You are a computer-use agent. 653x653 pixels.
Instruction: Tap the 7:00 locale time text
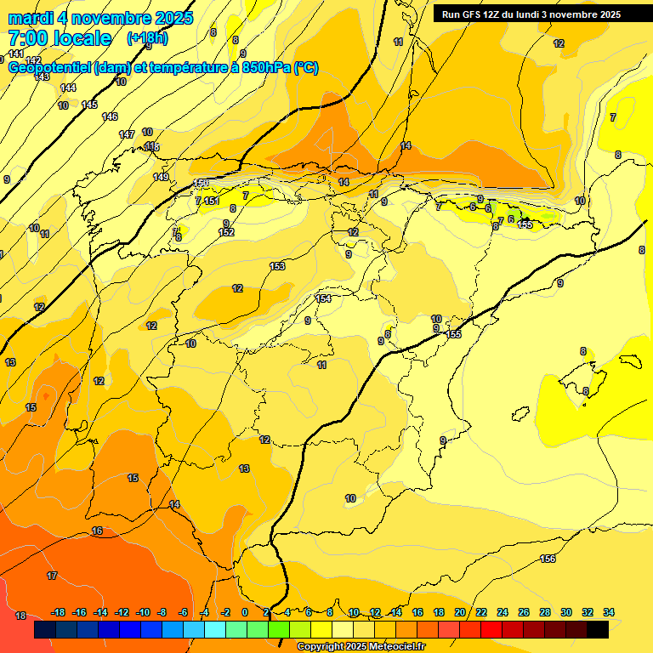tap(60, 38)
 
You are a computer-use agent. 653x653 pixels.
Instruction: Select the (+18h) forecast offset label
tap(147, 38)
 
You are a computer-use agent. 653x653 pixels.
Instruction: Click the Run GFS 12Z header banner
tap(531, 14)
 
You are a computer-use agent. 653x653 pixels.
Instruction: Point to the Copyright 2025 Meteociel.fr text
tap(361, 647)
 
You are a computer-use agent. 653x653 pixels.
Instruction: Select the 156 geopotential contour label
tap(548, 559)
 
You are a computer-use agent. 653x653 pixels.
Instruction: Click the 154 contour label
tap(323, 298)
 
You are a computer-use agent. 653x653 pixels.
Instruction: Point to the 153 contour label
tap(277, 266)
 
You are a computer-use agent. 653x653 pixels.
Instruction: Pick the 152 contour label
tap(226, 232)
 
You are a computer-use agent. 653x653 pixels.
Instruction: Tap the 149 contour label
tap(161, 177)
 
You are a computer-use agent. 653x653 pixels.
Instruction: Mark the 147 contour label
tap(127, 134)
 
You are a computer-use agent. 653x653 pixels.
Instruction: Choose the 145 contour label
tap(89, 105)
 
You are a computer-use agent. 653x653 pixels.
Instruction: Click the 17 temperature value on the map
tap(52, 576)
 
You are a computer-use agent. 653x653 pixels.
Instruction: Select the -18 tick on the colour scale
tap(59, 612)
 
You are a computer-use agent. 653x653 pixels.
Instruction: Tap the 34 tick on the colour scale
tap(609, 612)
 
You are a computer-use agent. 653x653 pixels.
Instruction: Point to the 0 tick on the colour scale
tap(245, 612)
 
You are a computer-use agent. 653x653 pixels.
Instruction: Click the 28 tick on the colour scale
tap(545, 612)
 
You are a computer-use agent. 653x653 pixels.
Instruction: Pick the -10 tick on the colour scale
tap(142, 612)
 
